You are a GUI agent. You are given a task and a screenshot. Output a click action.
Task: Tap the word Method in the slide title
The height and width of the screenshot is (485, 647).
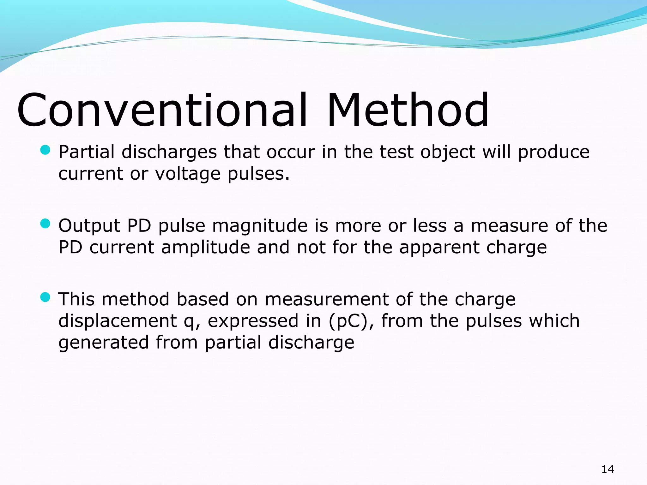point(408,110)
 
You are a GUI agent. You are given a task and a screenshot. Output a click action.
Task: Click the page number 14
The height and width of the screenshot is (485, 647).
point(608,469)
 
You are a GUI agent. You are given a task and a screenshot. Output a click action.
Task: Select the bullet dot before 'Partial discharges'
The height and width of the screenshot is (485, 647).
point(45,150)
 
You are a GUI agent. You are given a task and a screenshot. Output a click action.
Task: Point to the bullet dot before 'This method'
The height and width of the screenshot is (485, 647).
point(45,297)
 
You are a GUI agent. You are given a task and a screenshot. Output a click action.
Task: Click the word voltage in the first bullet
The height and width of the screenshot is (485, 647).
point(188,174)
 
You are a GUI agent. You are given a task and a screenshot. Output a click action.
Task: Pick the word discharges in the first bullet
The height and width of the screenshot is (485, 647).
point(169,152)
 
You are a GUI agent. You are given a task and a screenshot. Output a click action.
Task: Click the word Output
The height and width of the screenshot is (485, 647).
point(89,226)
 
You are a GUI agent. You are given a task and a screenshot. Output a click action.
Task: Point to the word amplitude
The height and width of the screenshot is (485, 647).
point(206,247)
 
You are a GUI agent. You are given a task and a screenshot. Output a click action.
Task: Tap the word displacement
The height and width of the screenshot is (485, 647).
point(118,321)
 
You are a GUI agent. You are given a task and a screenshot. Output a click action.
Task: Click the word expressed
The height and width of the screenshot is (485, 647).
point(253,321)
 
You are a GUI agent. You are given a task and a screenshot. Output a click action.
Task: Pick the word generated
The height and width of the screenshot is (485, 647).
point(104,343)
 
